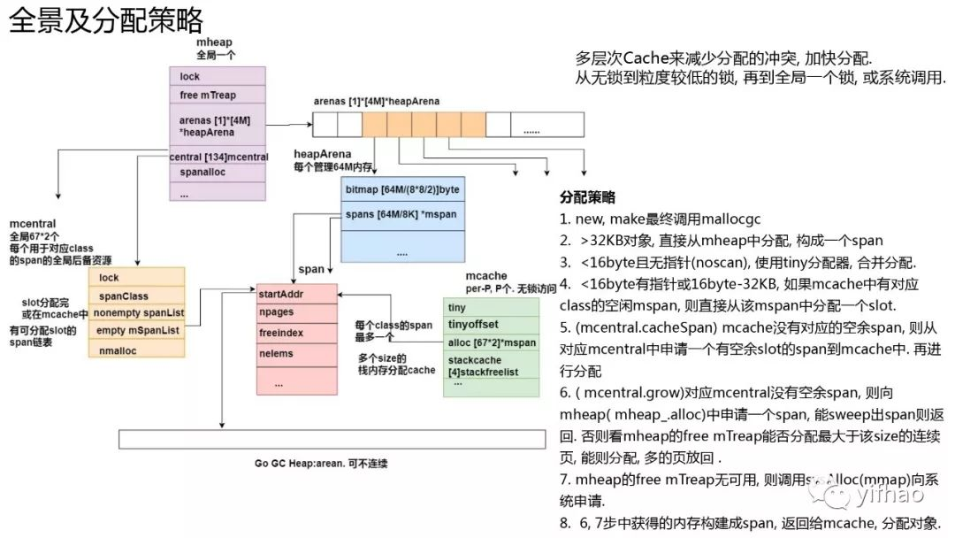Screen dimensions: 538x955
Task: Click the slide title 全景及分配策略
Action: point(106,19)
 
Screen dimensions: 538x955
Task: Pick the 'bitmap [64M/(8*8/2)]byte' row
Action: point(401,190)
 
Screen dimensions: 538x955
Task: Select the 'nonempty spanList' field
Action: point(136,312)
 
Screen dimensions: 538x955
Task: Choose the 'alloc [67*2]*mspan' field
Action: point(492,342)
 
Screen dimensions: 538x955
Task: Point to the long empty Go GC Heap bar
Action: point(332,439)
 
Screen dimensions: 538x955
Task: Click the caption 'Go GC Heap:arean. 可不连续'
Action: point(321,464)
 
